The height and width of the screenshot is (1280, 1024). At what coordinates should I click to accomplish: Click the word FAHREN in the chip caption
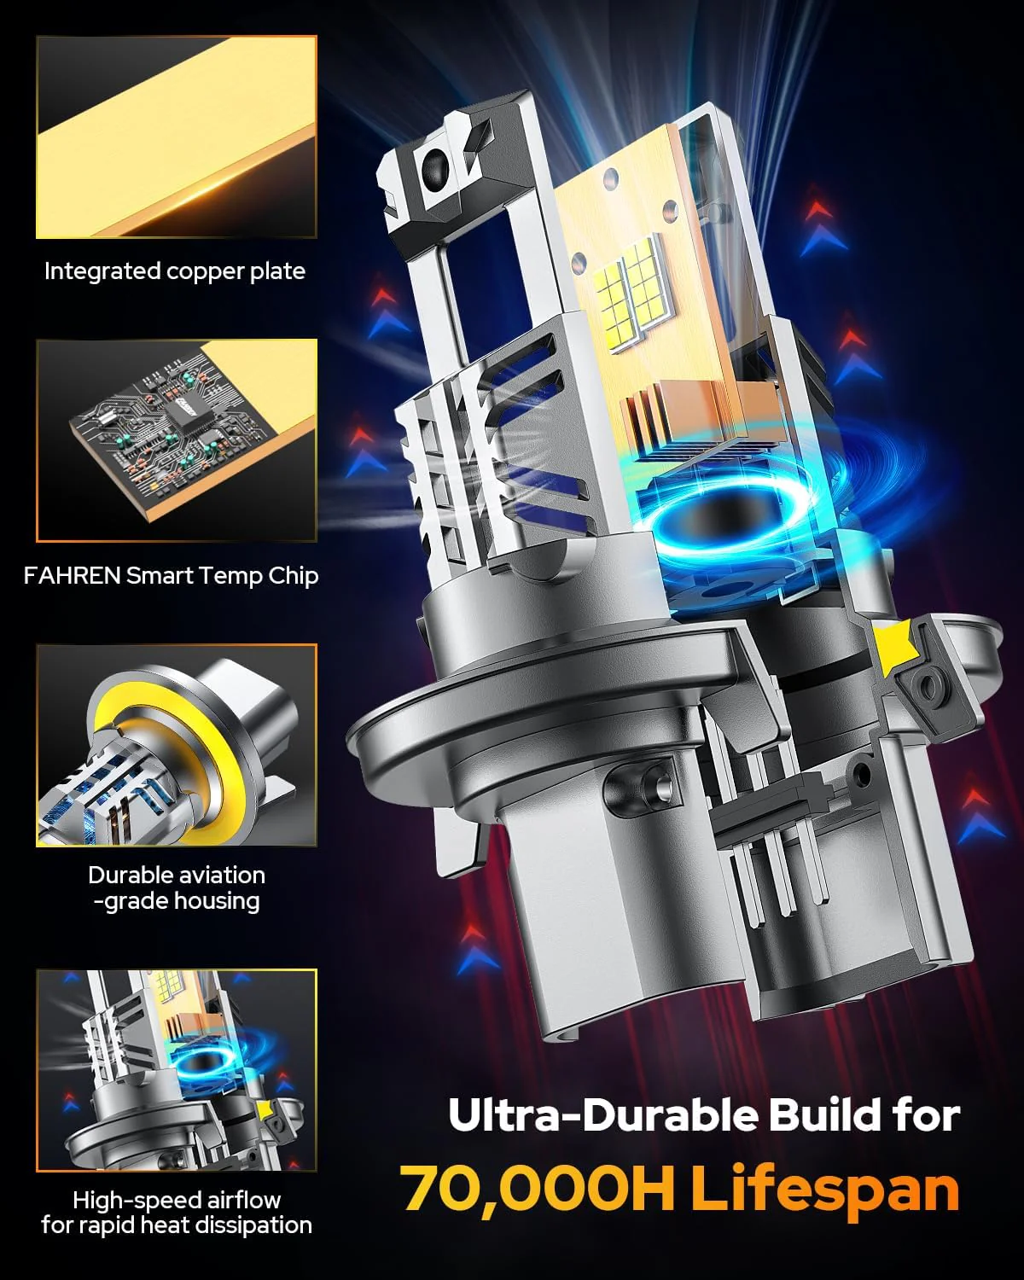click(x=72, y=576)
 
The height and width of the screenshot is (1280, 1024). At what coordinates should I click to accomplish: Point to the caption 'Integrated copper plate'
click(x=175, y=271)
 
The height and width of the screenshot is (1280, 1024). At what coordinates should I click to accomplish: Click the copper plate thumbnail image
click(x=177, y=137)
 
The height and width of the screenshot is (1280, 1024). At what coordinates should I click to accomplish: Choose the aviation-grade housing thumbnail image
click(x=177, y=745)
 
